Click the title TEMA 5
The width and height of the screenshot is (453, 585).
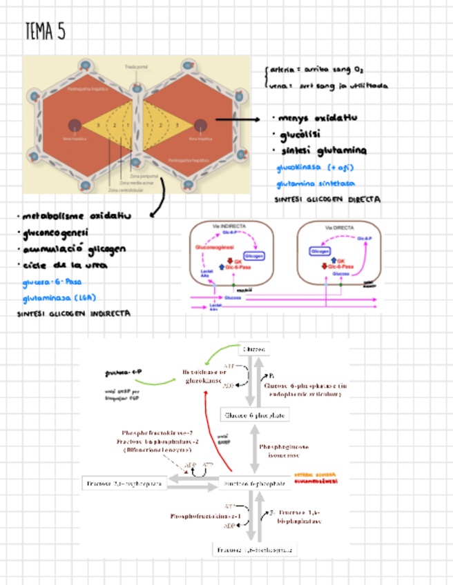tap(45, 31)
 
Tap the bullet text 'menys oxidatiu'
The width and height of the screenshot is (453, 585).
tap(317, 118)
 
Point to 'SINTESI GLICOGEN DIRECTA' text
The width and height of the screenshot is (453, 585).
tap(327, 200)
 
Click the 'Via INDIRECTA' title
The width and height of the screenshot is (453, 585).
tap(231, 227)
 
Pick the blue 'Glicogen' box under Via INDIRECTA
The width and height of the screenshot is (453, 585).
tap(254, 255)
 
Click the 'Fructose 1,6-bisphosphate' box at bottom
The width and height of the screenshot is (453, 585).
tap(255, 550)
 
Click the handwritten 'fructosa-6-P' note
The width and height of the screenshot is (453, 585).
tap(123, 373)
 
